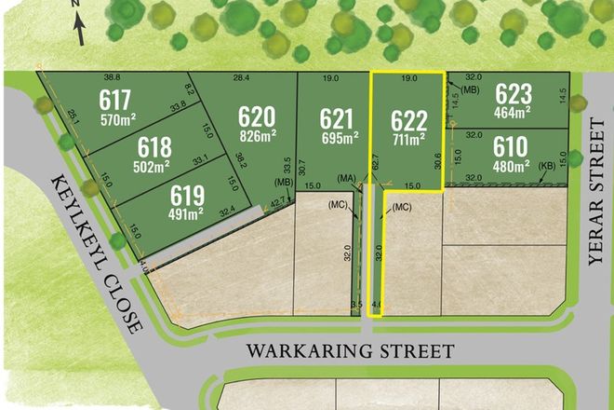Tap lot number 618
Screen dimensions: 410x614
coord(154,147)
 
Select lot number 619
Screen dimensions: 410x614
coord(187,196)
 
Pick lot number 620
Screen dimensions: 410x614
coord(257,117)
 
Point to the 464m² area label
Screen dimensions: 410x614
coord(514,112)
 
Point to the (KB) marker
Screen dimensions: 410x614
coord(547,165)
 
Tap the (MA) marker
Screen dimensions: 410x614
coord(348,178)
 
